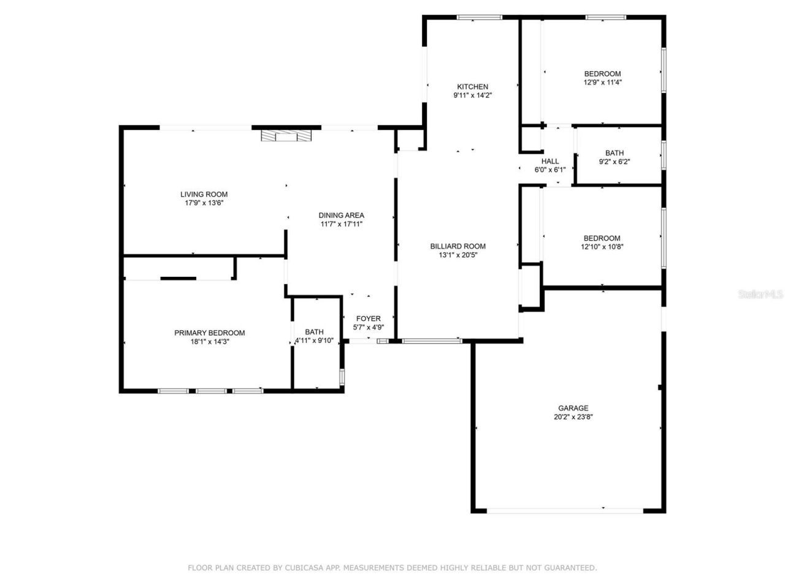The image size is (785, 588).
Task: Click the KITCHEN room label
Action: [472, 87]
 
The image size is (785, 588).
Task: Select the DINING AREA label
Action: [341, 215]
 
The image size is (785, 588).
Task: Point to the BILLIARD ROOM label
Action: [458, 246]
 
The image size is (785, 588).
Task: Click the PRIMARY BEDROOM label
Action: [209, 333]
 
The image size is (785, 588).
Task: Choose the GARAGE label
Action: [573, 408]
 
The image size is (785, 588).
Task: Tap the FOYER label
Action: [368, 318]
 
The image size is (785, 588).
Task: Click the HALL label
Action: [550, 161]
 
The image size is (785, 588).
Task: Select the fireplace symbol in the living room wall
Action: [286, 136]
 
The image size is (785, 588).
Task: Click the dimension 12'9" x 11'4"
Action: [602, 82]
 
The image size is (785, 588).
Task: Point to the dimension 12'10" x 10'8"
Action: [602, 247]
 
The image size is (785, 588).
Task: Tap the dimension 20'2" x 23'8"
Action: [573, 417]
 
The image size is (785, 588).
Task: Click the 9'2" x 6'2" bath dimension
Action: [614, 162]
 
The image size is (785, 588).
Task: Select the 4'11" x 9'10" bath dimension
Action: [314, 341]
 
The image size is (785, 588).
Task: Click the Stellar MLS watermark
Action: [760, 295]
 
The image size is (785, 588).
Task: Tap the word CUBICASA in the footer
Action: [305, 568]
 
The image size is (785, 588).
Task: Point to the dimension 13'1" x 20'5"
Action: [458, 255]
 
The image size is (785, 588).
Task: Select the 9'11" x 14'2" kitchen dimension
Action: [472, 96]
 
